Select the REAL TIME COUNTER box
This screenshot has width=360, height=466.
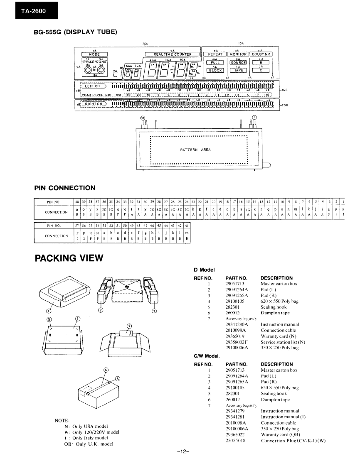173,54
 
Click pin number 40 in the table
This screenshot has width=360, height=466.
77,202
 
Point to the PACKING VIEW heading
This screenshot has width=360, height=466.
69,258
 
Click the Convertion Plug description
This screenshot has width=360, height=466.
293,440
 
